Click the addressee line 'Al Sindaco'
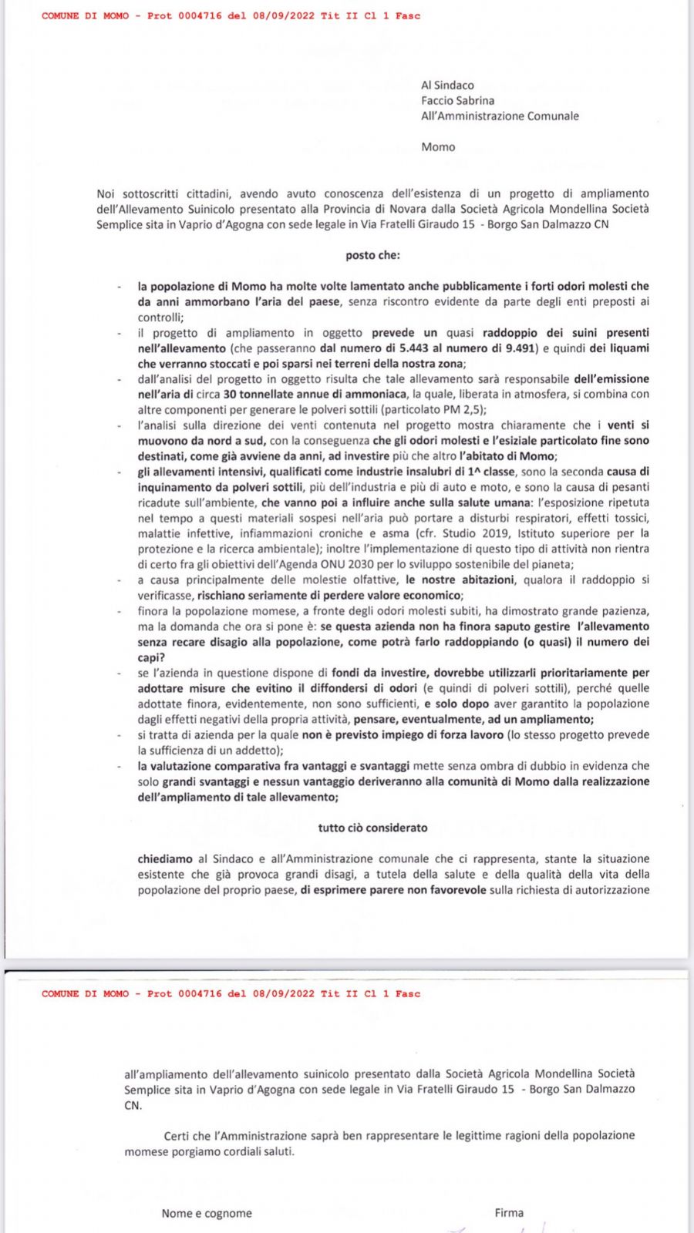tap(447, 86)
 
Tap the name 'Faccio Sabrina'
tap(457, 101)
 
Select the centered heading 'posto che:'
tap(372, 255)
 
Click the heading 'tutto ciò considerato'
tap(372, 828)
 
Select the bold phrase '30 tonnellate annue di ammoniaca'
tap(315, 395)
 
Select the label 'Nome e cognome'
tap(207, 1213)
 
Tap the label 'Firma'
tap(509, 1213)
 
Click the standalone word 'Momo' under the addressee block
tap(438, 147)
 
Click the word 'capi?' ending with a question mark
tap(151, 657)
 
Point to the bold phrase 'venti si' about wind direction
tap(628, 425)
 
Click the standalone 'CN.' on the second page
tap(133, 1105)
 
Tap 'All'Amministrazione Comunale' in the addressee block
tap(500, 116)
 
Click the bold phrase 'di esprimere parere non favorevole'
tap(393, 890)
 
